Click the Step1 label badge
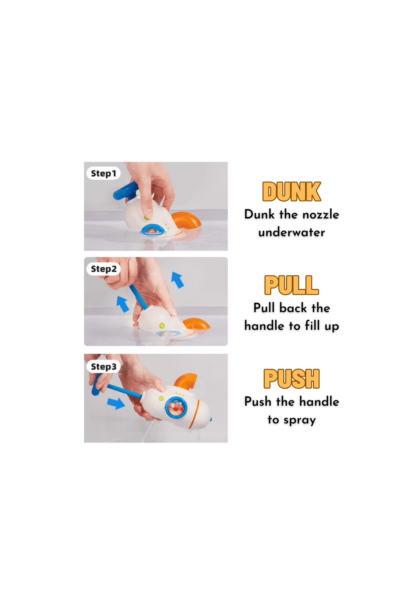point(103,173)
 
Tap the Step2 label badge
point(103,269)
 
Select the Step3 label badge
point(103,367)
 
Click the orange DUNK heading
point(291,192)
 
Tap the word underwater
point(292,233)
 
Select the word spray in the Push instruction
point(300,420)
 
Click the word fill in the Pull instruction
point(312,326)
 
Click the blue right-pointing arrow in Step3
point(116,403)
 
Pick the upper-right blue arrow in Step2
point(178,280)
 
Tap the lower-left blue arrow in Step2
point(123,304)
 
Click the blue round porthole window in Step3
point(176,407)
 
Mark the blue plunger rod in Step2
point(139,297)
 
